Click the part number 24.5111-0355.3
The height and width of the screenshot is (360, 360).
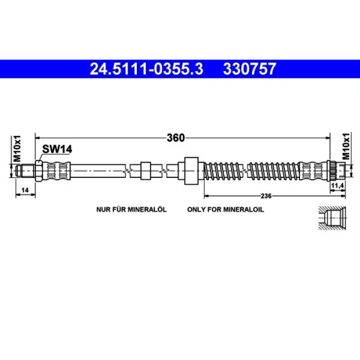coord(146,69)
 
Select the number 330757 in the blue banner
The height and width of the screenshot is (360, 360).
coord(249,69)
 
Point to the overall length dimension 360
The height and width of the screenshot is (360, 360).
coord(176,138)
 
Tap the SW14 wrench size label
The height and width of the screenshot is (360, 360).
coord(57,150)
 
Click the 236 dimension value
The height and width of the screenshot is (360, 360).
coord(266,196)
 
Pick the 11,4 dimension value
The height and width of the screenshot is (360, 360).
coord(337,186)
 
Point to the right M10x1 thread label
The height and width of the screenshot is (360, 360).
coord(346,146)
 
